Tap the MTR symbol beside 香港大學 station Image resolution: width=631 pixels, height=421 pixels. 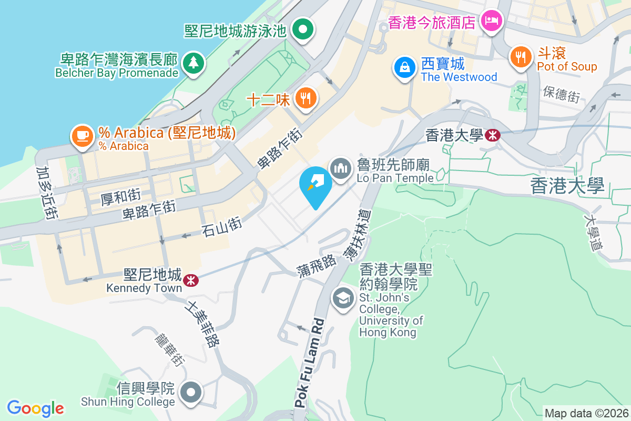click(x=493, y=135)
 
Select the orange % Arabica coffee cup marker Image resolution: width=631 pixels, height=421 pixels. click(x=82, y=136)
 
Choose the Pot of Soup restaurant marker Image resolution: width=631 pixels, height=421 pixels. click(x=521, y=57)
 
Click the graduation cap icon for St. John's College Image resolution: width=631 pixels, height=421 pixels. click(x=343, y=299)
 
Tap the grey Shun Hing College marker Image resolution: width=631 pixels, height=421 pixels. click(x=190, y=393)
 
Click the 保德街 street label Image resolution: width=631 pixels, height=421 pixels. click(x=562, y=94)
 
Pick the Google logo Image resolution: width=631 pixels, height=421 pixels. click(x=35, y=408)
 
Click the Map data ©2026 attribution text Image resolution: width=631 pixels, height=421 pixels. click(x=586, y=413)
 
